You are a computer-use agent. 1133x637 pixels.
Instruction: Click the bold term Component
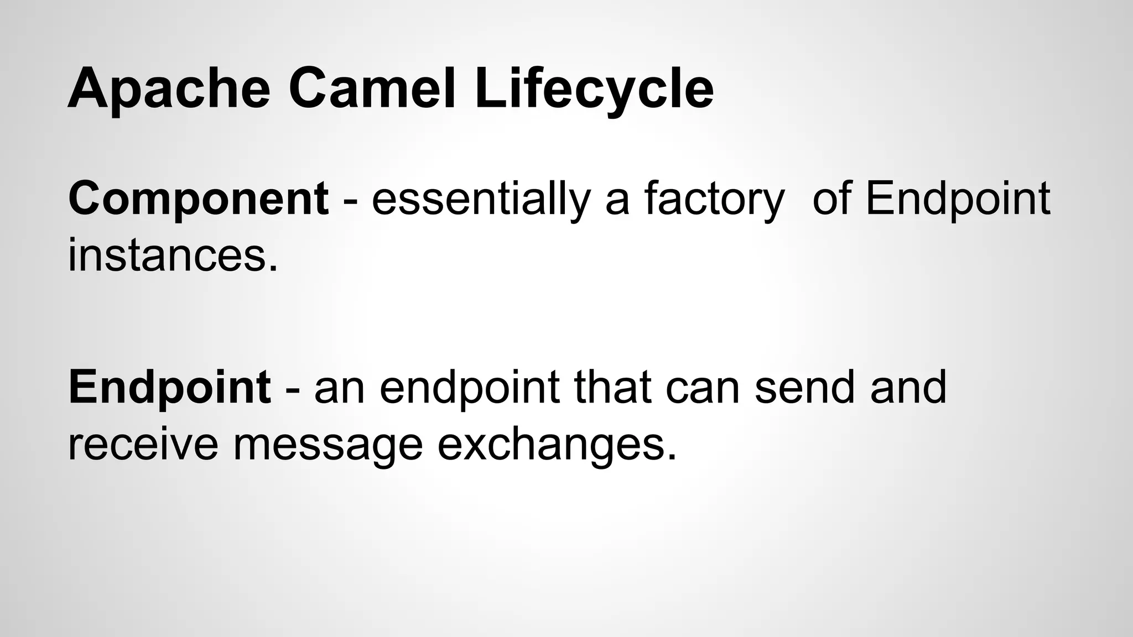[x=198, y=200]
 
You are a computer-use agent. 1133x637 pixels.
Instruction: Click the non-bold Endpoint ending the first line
[x=957, y=200]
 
